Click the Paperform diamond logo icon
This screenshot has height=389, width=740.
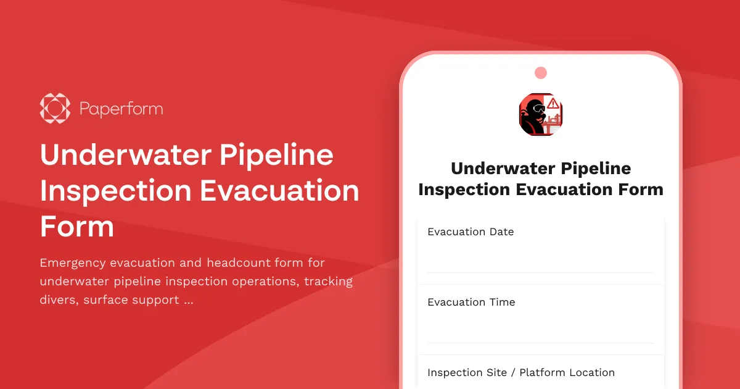(55, 109)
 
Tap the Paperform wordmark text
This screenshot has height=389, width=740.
(121, 109)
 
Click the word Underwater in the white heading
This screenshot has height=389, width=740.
(124, 154)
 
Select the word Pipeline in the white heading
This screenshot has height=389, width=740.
(277, 154)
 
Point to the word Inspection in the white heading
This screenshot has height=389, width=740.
(115, 191)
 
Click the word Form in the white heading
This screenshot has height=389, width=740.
(77, 227)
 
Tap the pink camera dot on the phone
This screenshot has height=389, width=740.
(541, 73)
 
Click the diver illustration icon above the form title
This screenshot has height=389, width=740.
(541, 114)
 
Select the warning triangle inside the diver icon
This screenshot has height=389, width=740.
(553, 104)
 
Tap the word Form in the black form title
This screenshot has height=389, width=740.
(641, 189)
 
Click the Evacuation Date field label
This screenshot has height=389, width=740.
(471, 232)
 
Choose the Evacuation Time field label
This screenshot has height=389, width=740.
(471, 303)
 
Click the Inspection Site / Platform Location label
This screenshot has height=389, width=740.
(521, 373)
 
